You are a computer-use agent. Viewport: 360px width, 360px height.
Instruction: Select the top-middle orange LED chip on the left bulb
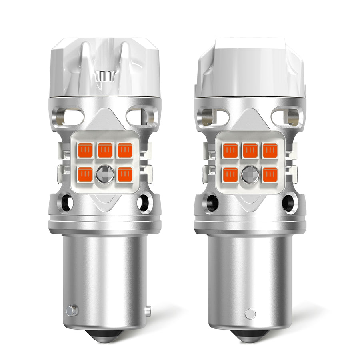[x=105, y=150]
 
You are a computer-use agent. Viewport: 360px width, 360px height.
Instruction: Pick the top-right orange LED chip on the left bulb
[x=124, y=150]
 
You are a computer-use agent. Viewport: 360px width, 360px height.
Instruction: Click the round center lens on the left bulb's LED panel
[x=105, y=174]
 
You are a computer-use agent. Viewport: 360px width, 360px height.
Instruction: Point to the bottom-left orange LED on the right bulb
[x=231, y=174]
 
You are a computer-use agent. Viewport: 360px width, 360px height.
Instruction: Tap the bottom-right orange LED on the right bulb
[x=270, y=174]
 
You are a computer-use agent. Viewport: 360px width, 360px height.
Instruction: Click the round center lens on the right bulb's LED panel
[x=250, y=174]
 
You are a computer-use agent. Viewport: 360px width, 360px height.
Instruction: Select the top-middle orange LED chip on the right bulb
[x=250, y=150]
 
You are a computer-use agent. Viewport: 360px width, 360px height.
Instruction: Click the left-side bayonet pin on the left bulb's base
[x=72, y=310]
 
